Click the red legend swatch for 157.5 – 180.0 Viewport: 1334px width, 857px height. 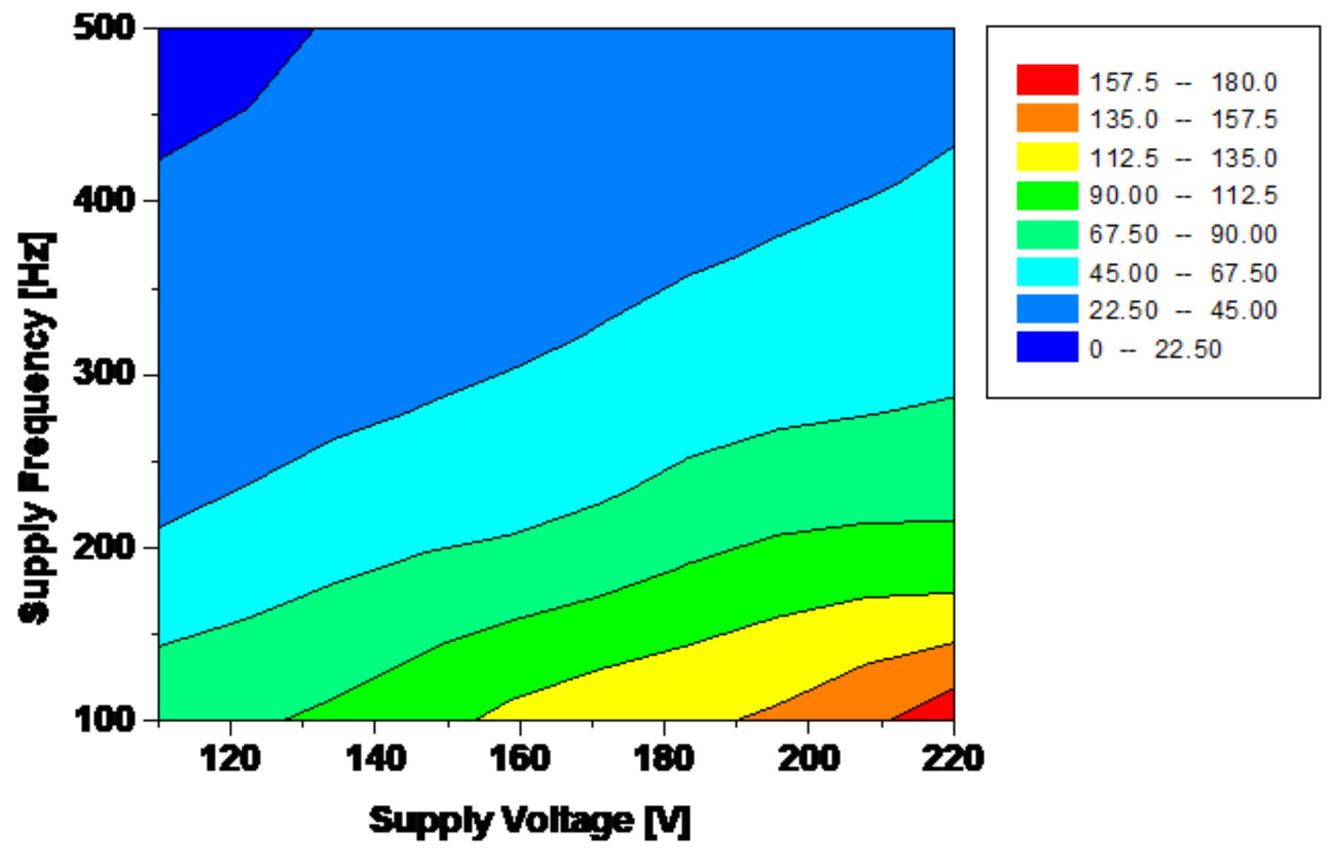1047,80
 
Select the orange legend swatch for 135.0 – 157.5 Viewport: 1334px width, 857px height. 1047,118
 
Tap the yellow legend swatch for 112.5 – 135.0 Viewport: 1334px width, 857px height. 1047,157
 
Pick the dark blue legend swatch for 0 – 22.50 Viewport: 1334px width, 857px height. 1047,347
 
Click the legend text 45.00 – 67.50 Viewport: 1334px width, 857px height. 1183,273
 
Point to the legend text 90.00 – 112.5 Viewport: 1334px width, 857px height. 1183,195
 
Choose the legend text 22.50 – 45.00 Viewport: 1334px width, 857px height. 1183,310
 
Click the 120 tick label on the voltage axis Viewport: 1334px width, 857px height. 230,759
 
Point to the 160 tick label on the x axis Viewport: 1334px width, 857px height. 520,759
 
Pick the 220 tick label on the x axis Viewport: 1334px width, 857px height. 952,759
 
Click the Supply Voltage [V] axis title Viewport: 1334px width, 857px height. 530,821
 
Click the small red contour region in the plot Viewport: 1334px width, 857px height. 937,708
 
